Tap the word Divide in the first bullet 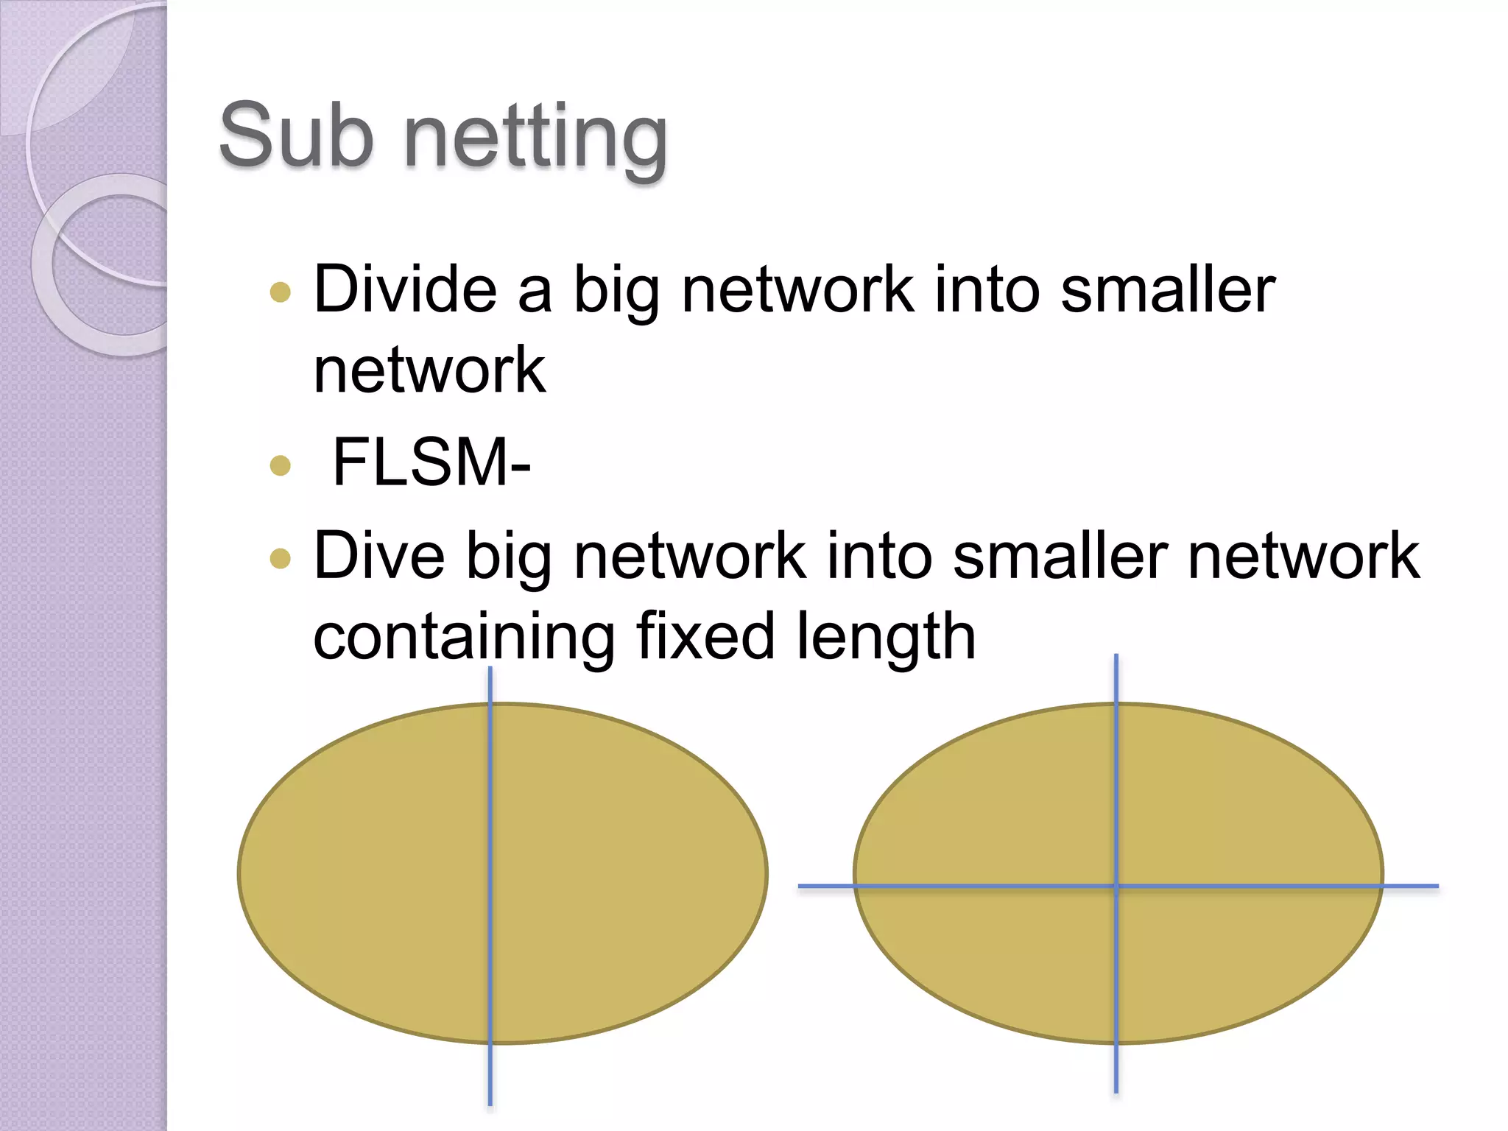(x=404, y=289)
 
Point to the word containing (x=464, y=636)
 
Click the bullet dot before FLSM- (x=281, y=465)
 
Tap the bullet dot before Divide (x=281, y=292)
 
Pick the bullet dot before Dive (x=281, y=559)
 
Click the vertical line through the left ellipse (x=490, y=884)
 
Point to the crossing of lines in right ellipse (x=1116, y=887)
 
